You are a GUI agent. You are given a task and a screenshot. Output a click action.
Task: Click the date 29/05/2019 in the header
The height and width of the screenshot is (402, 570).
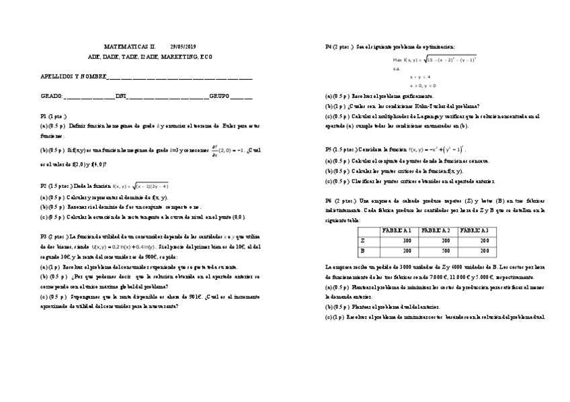pos(182,46)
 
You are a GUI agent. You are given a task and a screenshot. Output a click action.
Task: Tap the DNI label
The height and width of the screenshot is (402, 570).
pos(121,97)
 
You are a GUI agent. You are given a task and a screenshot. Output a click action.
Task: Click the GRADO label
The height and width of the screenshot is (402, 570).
pos(50,97)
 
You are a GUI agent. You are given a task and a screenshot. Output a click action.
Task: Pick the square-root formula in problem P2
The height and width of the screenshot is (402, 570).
pos(140,186)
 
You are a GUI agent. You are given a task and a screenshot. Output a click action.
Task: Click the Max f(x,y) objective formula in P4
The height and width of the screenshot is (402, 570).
pos(435,60)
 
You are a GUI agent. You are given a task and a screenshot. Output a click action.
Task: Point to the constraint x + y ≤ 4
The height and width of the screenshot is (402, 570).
pos(420,77)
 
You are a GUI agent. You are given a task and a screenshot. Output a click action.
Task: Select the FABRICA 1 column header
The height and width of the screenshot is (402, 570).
pos(397,231)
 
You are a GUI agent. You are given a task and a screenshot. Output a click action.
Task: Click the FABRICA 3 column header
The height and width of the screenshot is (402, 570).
pos(475,231)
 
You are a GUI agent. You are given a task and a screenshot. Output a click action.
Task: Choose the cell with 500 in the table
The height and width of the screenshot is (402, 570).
pos(444,251)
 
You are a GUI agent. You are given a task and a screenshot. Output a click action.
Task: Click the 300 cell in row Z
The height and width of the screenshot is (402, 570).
pos(407,241)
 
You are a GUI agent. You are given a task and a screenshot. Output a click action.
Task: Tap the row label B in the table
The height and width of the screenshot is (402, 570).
pos(363,251)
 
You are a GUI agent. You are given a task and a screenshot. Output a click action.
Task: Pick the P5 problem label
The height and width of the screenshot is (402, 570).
pos(329,149)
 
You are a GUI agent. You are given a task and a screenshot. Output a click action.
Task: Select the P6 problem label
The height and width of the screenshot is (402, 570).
pos(329,200)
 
